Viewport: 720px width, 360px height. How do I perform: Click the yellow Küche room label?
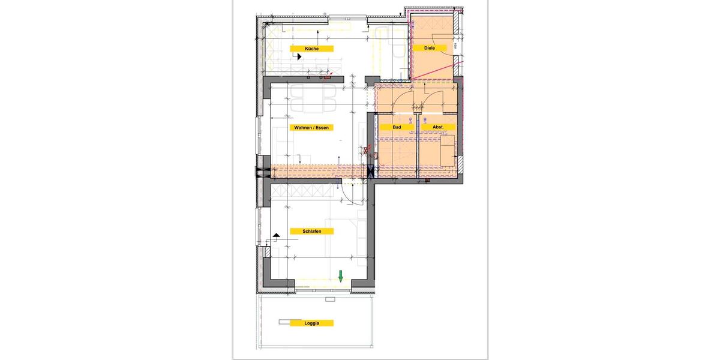tap(311, 48)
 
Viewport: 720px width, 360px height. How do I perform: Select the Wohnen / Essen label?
tap(311, 128)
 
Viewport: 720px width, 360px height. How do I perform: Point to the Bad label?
tap(397, 128)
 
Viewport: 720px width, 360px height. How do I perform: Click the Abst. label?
tap(437, 128)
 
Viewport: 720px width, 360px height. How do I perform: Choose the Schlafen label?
tap(311, 231)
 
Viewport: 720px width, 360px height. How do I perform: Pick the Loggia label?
tap(311, 323)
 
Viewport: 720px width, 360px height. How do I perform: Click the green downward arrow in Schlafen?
tap(340, 276)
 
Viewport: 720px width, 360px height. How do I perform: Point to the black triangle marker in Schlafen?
tap(275, 236)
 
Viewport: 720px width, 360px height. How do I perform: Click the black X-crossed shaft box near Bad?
tap(370, 172)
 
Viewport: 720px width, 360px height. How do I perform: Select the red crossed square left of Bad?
tap(365, 151)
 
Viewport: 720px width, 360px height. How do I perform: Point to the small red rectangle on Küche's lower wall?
tap(328, 76)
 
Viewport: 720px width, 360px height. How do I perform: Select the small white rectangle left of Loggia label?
tap(284, 322)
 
